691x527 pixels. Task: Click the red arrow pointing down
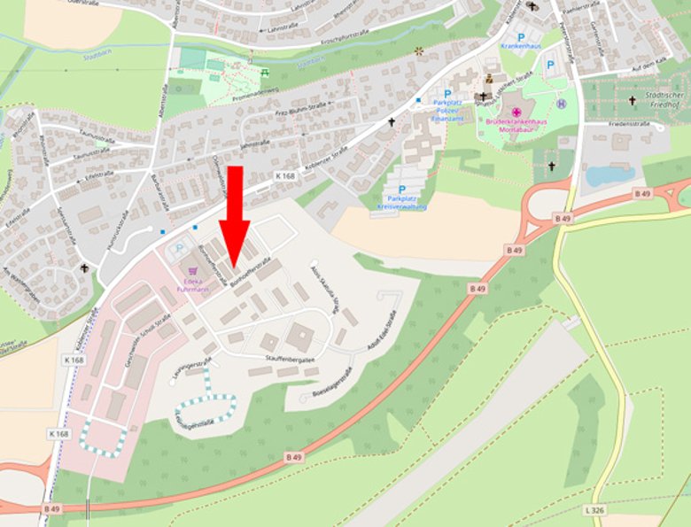[235, 213]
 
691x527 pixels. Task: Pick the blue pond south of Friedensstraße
[610, 174]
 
